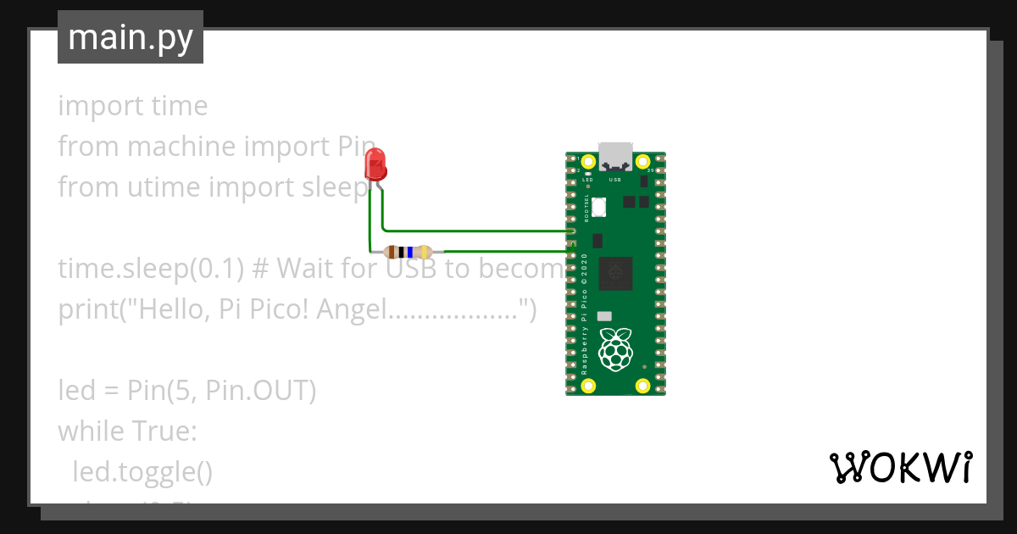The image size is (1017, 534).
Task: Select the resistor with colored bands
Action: [408, 252]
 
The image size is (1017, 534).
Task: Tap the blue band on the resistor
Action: [410, 252]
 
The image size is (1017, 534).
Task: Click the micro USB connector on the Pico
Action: [615, 156]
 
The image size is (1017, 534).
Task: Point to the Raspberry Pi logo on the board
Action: [615, 348]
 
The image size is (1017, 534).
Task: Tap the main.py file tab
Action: [131, 37]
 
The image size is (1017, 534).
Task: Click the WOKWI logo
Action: [900, 467]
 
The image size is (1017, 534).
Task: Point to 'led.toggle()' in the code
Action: [142, 472]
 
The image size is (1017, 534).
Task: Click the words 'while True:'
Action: [127, 431]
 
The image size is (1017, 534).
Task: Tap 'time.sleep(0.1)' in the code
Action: [151, 269]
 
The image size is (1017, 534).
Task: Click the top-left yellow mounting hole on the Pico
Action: [588, 160]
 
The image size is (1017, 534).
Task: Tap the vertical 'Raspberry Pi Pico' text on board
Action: [585, 322]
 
